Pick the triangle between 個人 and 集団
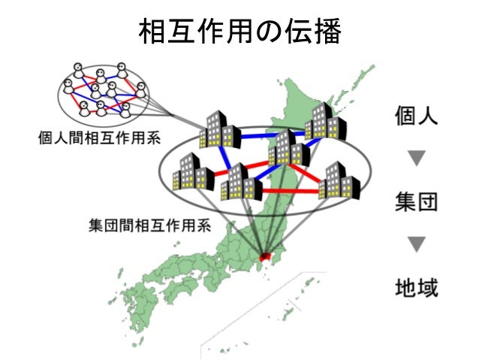click(x=416, y=159)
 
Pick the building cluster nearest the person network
click(x=218, y=129)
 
